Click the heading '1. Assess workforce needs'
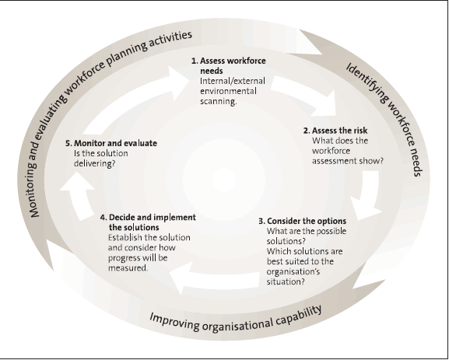coord(229,65)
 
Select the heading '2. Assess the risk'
coord(335,131)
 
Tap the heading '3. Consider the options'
coord(303,221)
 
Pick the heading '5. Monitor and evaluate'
coord(111,143)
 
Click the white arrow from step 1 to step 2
coord(307,93)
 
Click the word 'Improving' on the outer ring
coord(174,321)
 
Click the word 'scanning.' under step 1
coord(219,101)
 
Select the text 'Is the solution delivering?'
coord(101,159)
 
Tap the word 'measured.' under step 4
coord(128,267)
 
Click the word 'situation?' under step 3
coord(286,281)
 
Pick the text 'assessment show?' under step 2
coord(348,161)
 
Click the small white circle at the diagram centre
coord(224,180)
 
